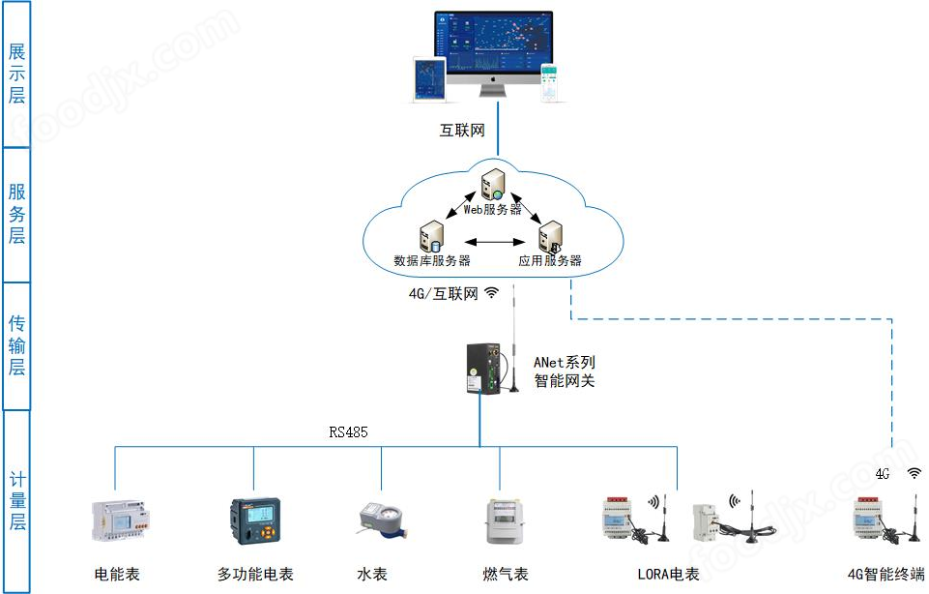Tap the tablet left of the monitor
tap(428, 80)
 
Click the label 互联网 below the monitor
tap(462, 131)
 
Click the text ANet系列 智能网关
tap(565, 371)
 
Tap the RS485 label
tap(348, 432)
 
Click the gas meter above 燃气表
tap(499, 522)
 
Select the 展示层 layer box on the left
tap(17, 74)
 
